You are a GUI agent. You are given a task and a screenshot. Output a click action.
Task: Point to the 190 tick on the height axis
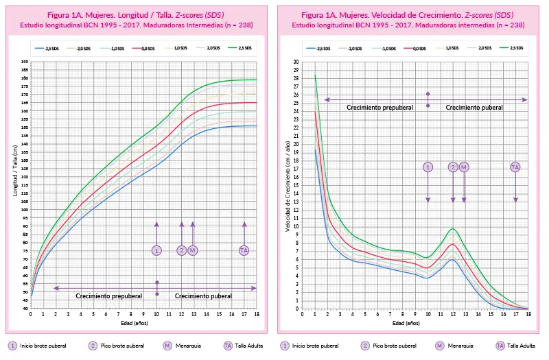tap(25, 62)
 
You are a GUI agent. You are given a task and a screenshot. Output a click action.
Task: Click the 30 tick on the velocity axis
tap(296, 62)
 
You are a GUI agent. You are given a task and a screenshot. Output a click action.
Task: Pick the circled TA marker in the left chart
tap(244, 251)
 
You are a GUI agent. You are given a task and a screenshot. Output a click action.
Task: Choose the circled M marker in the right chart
tap(464, 167)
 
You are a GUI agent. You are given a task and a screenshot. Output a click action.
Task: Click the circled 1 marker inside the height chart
tap(156, 251)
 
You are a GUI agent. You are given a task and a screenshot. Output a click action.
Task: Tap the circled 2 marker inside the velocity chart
tap(453, 167)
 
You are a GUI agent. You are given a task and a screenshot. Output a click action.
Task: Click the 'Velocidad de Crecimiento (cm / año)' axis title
tap(288, 185)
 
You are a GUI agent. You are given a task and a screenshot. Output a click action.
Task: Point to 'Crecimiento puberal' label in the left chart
tap(203, 296)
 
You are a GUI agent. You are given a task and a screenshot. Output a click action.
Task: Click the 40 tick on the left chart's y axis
tap(25, 309)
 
